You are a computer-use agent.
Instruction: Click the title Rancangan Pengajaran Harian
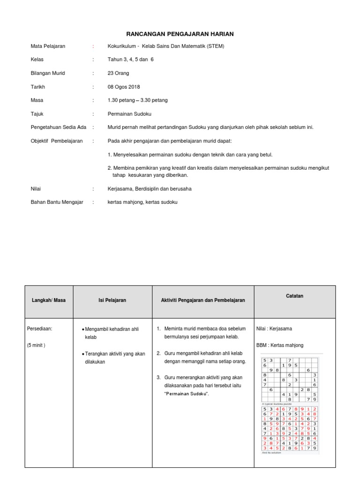point(180,34)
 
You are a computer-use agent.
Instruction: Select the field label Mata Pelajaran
point(48,46)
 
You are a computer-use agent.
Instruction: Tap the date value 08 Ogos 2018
point(124,87)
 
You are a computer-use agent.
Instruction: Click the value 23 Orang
point(118,73)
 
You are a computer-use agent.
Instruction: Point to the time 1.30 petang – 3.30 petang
point(137,100)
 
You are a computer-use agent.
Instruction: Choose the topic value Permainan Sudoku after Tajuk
point(129,114)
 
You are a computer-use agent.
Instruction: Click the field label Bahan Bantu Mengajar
point(57,202)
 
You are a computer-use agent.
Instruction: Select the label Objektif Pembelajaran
point(56,141)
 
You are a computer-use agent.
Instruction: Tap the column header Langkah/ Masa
point(49,300)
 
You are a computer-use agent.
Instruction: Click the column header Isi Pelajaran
point(112,300)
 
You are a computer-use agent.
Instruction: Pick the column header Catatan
point(295,296)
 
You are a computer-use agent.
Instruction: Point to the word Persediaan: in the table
point(40,329)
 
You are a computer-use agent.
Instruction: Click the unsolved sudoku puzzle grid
point(290,379)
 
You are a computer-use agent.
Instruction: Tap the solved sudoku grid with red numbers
point(290,428)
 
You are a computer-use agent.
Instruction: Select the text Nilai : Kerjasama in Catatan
point(274,329)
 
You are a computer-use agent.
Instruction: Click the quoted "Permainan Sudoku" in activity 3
point(187,393)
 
